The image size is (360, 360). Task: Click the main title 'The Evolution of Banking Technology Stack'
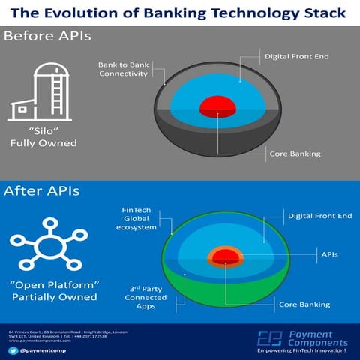(180, 13)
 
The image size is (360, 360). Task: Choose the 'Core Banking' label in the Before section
(295, 154)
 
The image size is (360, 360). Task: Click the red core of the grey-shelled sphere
(218, 105)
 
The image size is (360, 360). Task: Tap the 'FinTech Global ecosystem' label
(139, 218)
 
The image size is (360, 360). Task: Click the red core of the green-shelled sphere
(225, 259)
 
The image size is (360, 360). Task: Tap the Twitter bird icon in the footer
(11, 349)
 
